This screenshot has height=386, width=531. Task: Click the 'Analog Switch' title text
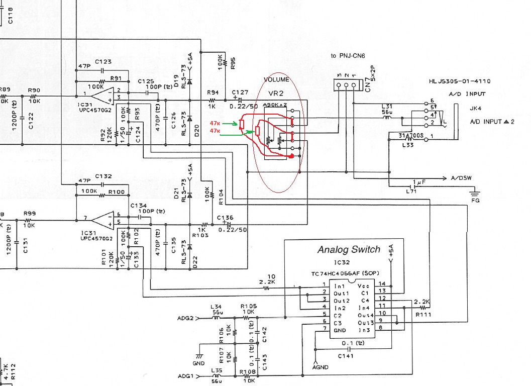tap(349, 249)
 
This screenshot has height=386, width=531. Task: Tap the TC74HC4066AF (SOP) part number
tap(349, 273)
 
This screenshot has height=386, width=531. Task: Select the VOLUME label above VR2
tap(277, 79)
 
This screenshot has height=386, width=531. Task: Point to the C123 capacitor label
tap(102, 62)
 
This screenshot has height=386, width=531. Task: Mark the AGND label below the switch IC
tap(320, 367)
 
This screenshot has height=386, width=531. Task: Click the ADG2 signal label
tap(185, 318)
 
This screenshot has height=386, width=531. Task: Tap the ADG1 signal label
tap(185, 376)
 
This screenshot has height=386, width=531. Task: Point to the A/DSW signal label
tap(461, 178)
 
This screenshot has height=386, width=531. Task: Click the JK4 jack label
tap(475, 107)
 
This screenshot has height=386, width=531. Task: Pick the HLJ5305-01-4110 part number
tap(460, 81)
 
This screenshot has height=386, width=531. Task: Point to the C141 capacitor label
tap(346, 355)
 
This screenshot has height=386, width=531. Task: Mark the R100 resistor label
tap(117, 192)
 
